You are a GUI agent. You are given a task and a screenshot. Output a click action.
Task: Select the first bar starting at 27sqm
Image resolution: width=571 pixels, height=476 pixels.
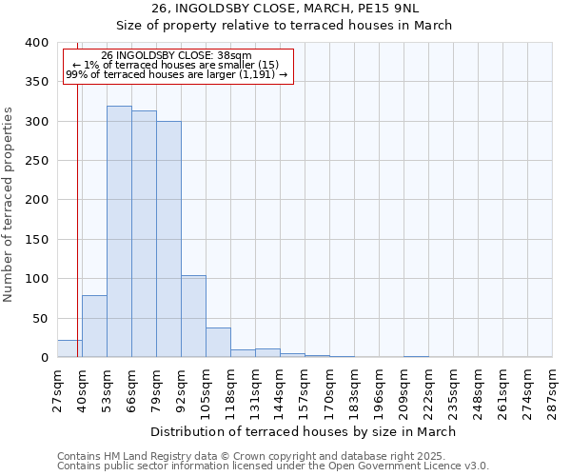coord(69,348)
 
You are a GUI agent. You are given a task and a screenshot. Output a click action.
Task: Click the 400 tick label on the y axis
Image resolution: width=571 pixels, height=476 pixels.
coord(36,43)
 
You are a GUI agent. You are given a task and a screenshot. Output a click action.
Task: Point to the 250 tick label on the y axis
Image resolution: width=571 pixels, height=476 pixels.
coord(36,161)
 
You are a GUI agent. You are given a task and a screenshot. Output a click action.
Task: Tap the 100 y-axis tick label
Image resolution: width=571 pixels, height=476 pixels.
coord(36,279)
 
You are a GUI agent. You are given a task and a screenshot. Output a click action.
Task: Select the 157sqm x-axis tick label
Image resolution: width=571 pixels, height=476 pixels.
coord(305,391)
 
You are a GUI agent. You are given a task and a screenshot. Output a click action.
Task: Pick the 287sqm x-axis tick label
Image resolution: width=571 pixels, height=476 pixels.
coord(552,391)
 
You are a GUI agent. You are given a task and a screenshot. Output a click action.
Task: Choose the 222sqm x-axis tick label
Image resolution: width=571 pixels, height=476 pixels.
coord(428,391)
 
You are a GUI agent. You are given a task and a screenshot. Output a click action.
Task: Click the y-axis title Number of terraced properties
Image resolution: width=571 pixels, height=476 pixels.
coord(10,205)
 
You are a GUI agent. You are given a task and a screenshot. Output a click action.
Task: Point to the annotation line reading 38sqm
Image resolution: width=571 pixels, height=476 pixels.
coord(177,56)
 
